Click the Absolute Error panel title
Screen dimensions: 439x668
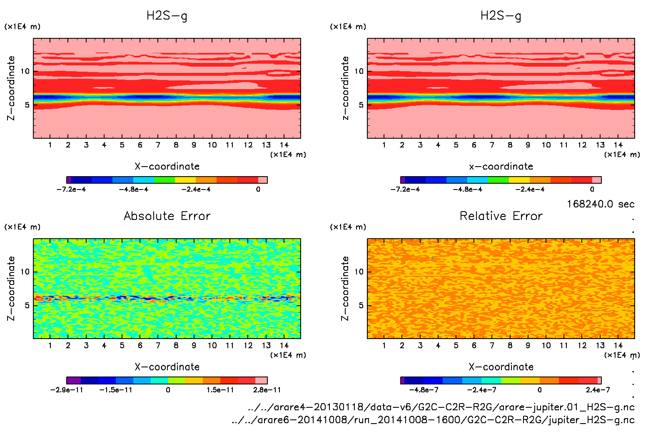click(167, 216)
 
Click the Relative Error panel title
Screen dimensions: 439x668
click(501, 216)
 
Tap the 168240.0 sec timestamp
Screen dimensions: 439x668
click(600, 204)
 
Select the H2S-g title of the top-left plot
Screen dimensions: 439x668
click(167, 16)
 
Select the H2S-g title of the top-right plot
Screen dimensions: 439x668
click(501, 16)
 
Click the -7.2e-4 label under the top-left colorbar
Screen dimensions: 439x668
click(71, 189)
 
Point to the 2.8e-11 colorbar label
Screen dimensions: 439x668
click(267, 390)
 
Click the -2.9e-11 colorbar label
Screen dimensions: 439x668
click(67, 390)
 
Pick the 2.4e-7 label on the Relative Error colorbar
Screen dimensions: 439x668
click(598, 390)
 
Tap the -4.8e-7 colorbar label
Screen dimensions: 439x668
click(424, 390)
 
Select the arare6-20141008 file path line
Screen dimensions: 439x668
click(433, 420)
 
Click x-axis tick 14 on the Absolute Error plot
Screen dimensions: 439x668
click(284, 345)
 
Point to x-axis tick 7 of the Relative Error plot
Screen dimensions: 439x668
click(492, 345)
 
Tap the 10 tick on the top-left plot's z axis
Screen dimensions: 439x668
click(25, 71)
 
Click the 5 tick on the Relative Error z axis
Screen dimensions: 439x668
click(361, 305)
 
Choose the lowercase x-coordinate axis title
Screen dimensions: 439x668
click(501, 166)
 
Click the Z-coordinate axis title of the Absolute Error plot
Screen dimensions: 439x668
click(11, 288)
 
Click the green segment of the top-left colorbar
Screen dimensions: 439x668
click(165, 180)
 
